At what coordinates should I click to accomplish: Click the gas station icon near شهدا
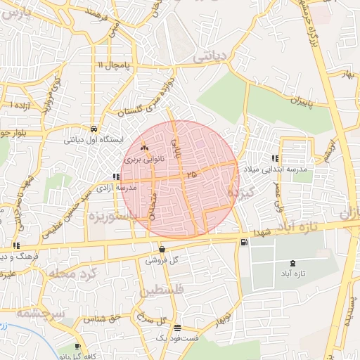(244, 243)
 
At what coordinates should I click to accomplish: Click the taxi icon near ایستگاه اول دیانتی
(94, 129)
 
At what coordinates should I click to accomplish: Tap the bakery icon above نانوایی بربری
(145, 148)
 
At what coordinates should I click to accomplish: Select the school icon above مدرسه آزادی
(115, 177)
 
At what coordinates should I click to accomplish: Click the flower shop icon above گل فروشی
(163, 249)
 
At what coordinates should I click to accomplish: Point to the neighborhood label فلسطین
(162, 290)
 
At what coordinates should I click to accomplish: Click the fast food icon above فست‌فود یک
(176, 328)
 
